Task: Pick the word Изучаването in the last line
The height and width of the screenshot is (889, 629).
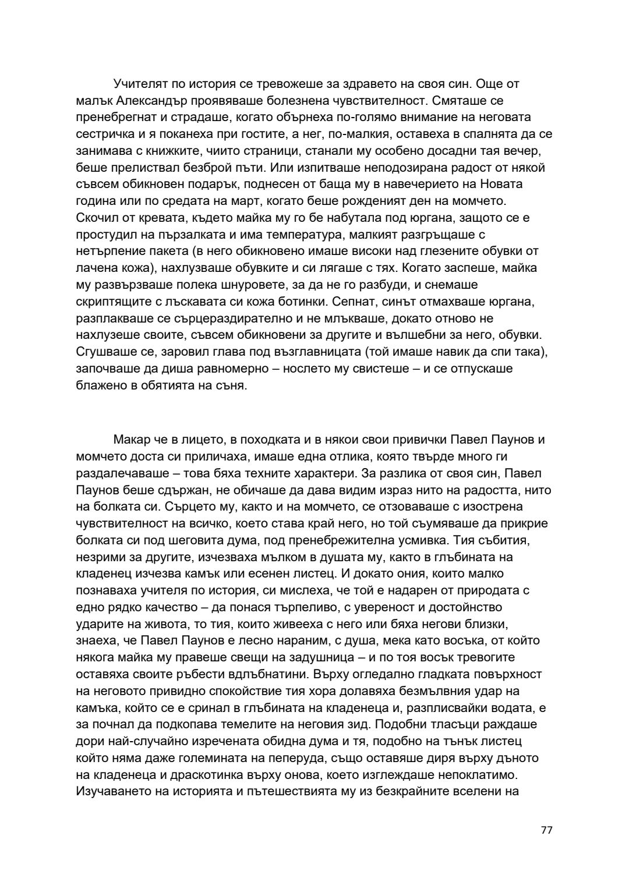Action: [x=112, y=792]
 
